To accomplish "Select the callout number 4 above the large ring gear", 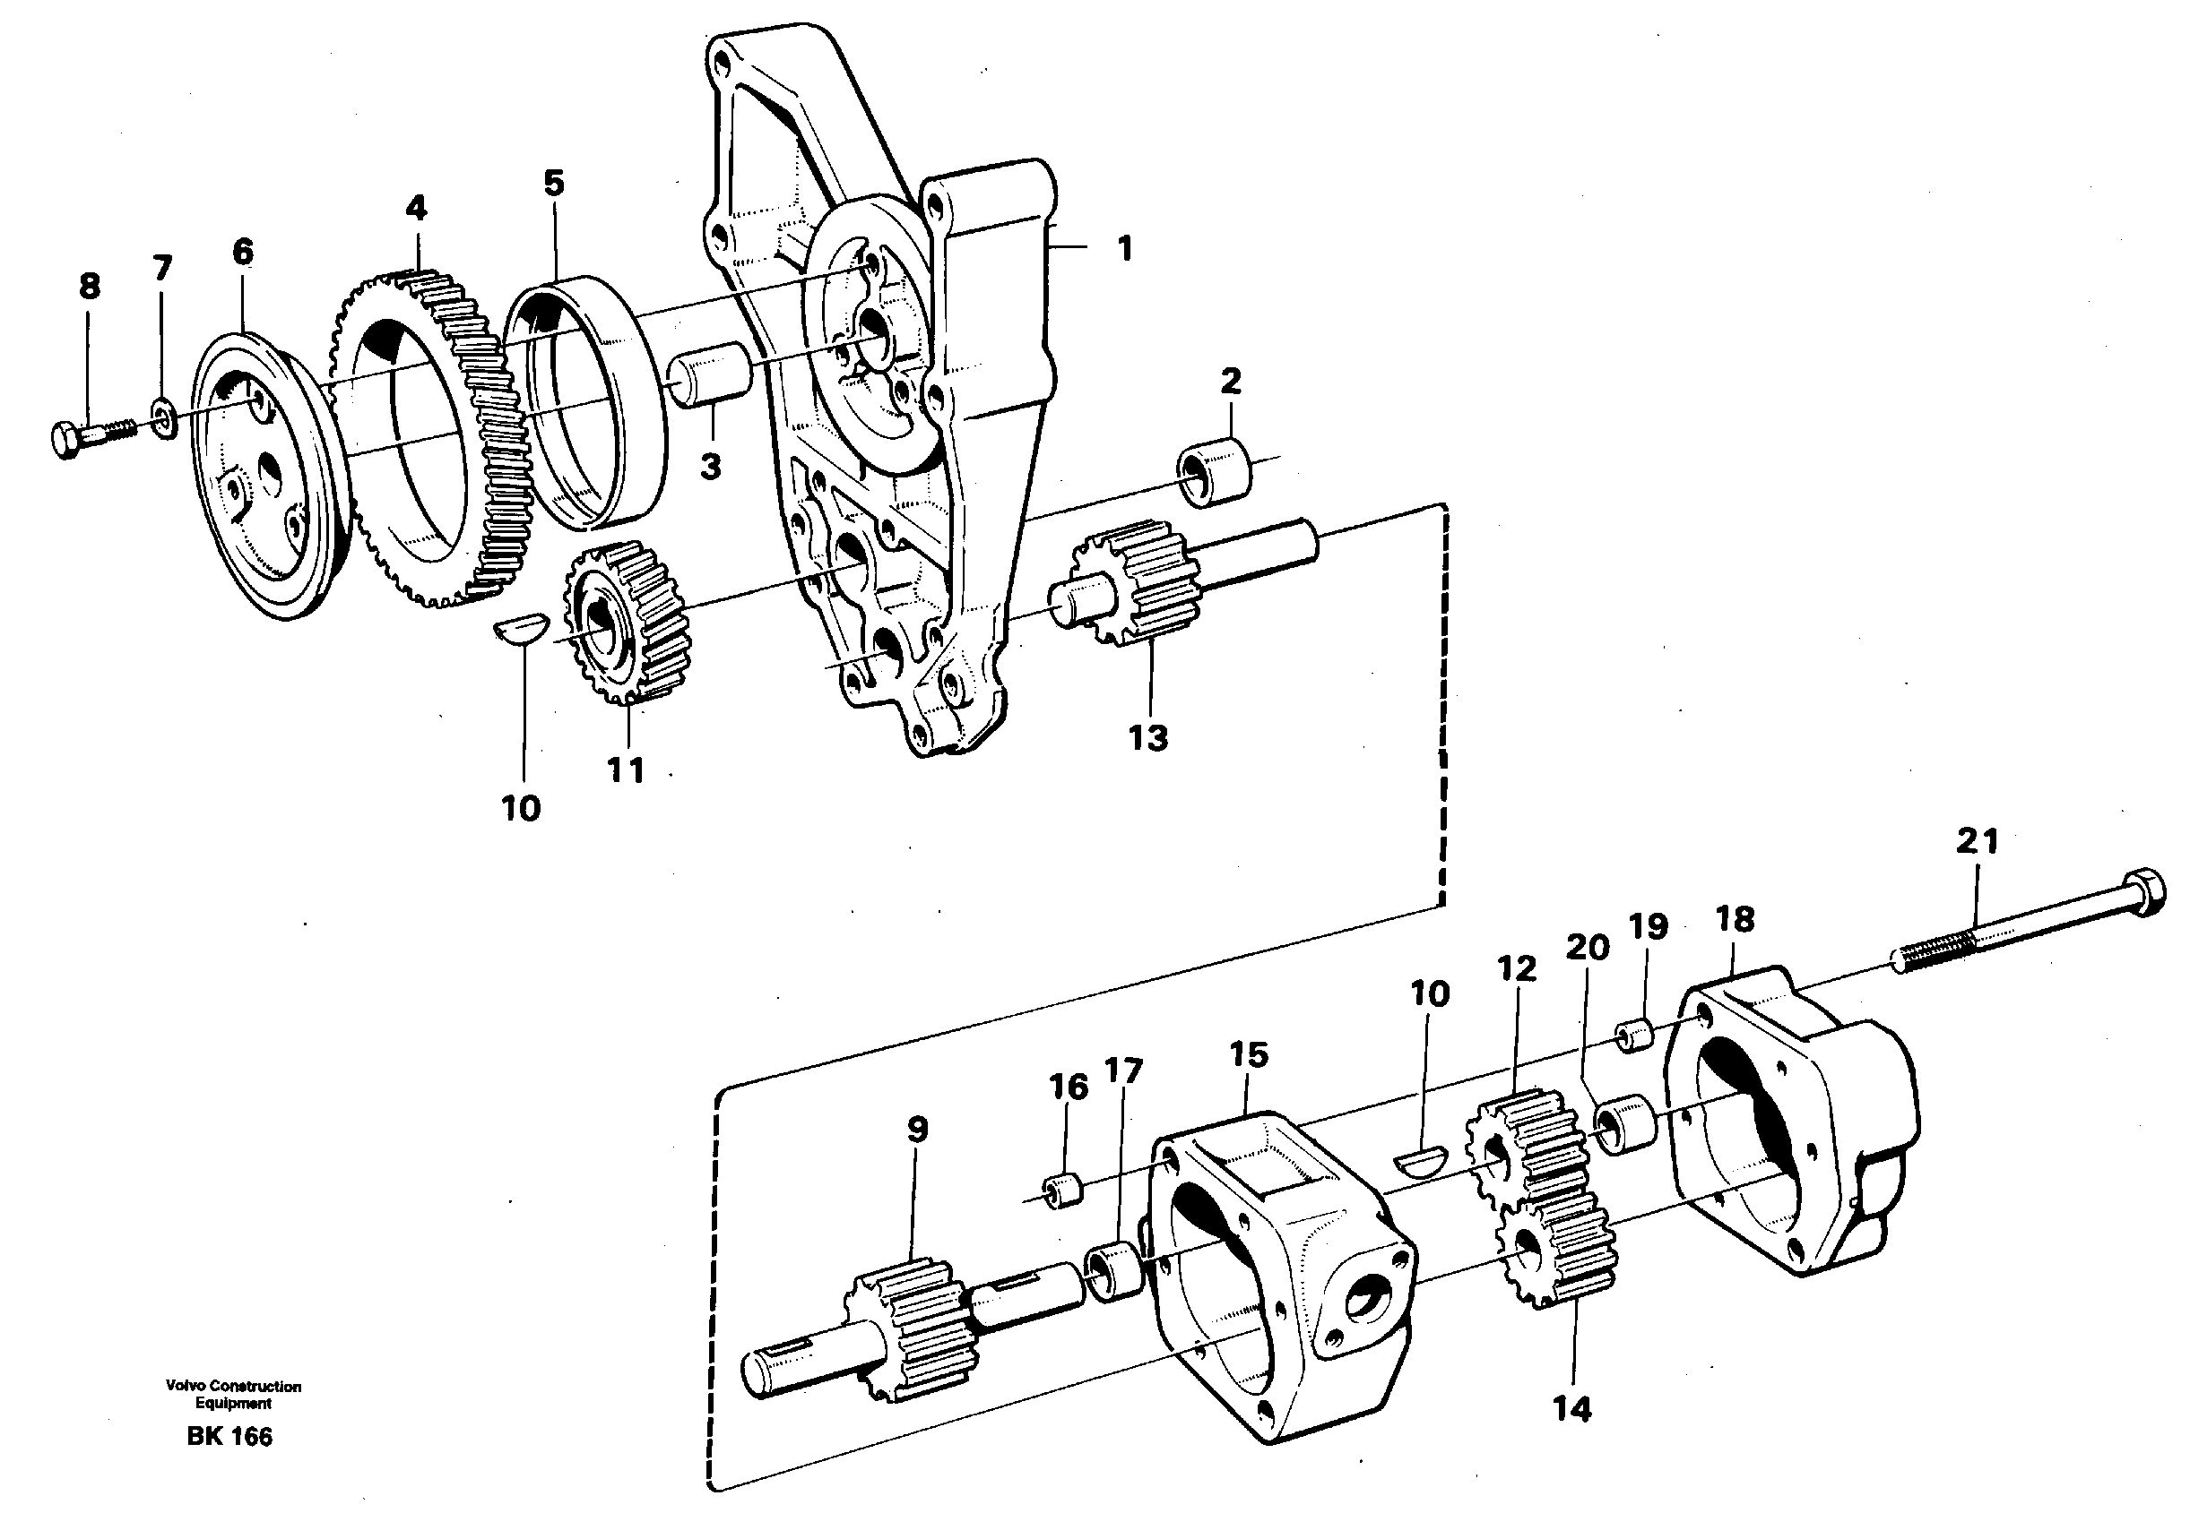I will (x=416, y=209).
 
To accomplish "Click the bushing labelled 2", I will (x=1214, y=471).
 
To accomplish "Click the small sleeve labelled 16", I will (x=1063, y=1191).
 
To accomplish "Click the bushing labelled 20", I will (x=1624, y=1125).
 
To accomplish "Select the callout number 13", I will (x=1147, y=736).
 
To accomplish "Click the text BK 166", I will (x=229, y=1436).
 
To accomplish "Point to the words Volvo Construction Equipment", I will (x=233, y=1394).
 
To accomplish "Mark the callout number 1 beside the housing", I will (x=1124, y=249).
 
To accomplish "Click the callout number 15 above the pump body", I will (x=1248, y=1054).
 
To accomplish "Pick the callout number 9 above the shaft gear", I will (x=916, y=1129).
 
